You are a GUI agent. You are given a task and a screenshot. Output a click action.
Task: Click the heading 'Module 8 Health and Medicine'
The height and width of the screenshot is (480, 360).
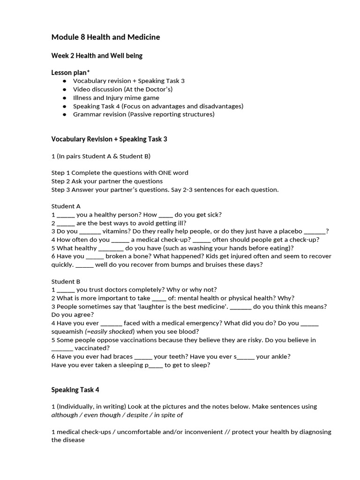[105, 37]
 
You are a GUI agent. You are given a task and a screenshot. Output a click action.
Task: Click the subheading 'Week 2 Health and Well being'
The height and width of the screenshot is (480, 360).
[97, 56]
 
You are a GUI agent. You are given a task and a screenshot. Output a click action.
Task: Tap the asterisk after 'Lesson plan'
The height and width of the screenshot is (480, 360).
[89, 72]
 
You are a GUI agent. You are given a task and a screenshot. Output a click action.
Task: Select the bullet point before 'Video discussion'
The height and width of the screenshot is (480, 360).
[64, 90]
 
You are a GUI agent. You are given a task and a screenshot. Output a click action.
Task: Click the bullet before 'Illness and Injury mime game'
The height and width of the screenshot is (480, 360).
[64, 98]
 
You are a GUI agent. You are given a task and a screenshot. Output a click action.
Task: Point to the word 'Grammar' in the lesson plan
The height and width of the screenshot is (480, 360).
[86, 114]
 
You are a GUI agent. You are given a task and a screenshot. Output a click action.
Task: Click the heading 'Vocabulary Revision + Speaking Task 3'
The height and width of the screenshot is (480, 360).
[109, 139]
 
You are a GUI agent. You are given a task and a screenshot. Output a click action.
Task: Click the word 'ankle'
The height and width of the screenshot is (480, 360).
[280, 356]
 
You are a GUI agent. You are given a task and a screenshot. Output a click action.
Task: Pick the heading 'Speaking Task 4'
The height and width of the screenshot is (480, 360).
[75, 390]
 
